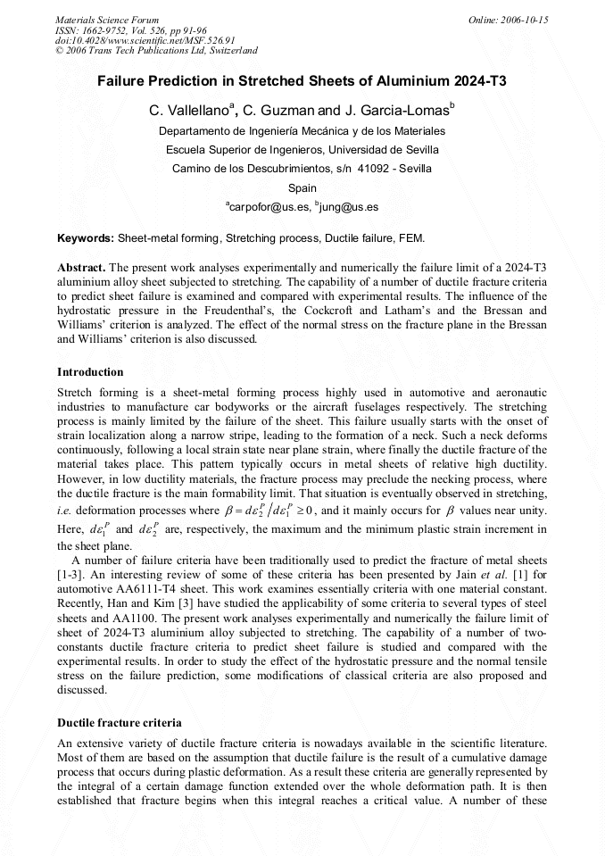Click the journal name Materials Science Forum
click(107, 19)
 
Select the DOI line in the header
click(145, 40)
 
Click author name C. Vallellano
click(190, 111)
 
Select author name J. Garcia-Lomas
click(398, 111)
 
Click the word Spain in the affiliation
click(302, 187)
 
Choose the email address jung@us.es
click(347, 207)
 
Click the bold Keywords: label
click(86, 238)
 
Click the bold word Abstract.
click(82, 267)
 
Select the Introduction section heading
click(90, 371)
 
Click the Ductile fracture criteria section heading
click(120, 721)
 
